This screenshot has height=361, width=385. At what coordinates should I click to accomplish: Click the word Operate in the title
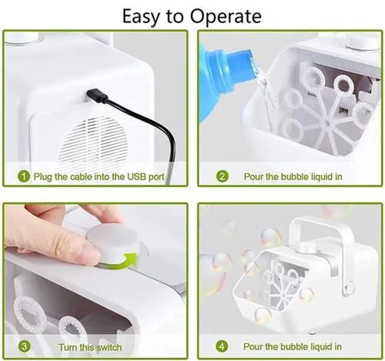coord(226,17)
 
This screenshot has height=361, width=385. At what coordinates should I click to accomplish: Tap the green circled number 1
coord(24,176)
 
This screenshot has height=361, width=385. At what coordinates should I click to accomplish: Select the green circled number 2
coord(222,176)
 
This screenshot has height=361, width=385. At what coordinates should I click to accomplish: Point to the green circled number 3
coord(24,347)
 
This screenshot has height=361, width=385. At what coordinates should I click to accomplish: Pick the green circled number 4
coord(222,347)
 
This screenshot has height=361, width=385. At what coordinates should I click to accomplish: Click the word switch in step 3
coord(109,347)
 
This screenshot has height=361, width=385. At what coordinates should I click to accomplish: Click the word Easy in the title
coord(141,17)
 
